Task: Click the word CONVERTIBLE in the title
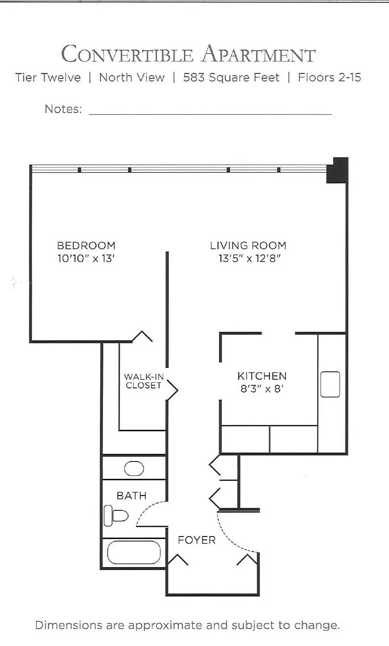[127, 54]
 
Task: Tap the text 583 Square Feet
[231, 77]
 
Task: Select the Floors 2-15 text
[329, 77]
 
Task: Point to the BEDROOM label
[86, 245]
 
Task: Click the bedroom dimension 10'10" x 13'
[86, 258]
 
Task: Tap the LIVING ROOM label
[248, 245]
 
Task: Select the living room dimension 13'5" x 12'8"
[249, 258]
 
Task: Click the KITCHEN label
[262, 376]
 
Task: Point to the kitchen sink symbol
[330, 384]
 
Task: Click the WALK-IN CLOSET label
[144, 381]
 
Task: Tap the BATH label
[132, 495]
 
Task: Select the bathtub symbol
[134, 552]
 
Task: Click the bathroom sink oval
[134, 469]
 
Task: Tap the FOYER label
[197, 540]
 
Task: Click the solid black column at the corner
[337, 170]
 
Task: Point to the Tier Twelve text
[48, 77]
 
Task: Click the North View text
[132, 77]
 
